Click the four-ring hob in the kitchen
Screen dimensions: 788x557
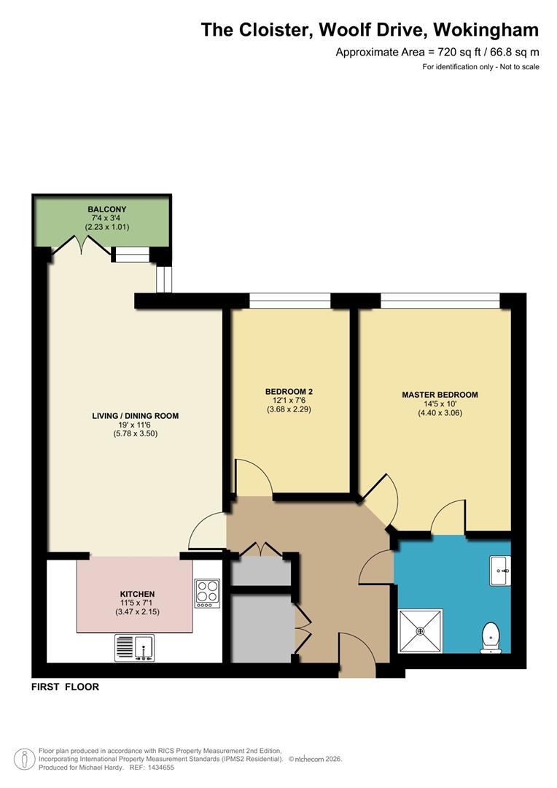(x=207, y=593)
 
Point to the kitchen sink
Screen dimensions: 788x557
(x=134, y=647)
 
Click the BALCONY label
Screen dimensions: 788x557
(x=103, y=209)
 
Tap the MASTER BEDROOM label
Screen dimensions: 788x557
(x=440, y=395)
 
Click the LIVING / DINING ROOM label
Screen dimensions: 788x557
(x=135, y=416)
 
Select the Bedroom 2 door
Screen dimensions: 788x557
(x=252, y=479)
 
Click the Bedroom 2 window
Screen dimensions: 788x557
(x=289, y=300)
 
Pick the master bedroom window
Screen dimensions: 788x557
(x=440, y=300)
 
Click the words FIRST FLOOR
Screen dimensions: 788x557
(x=65, y=687)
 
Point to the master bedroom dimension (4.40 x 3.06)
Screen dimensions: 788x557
(x=440, y=413)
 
